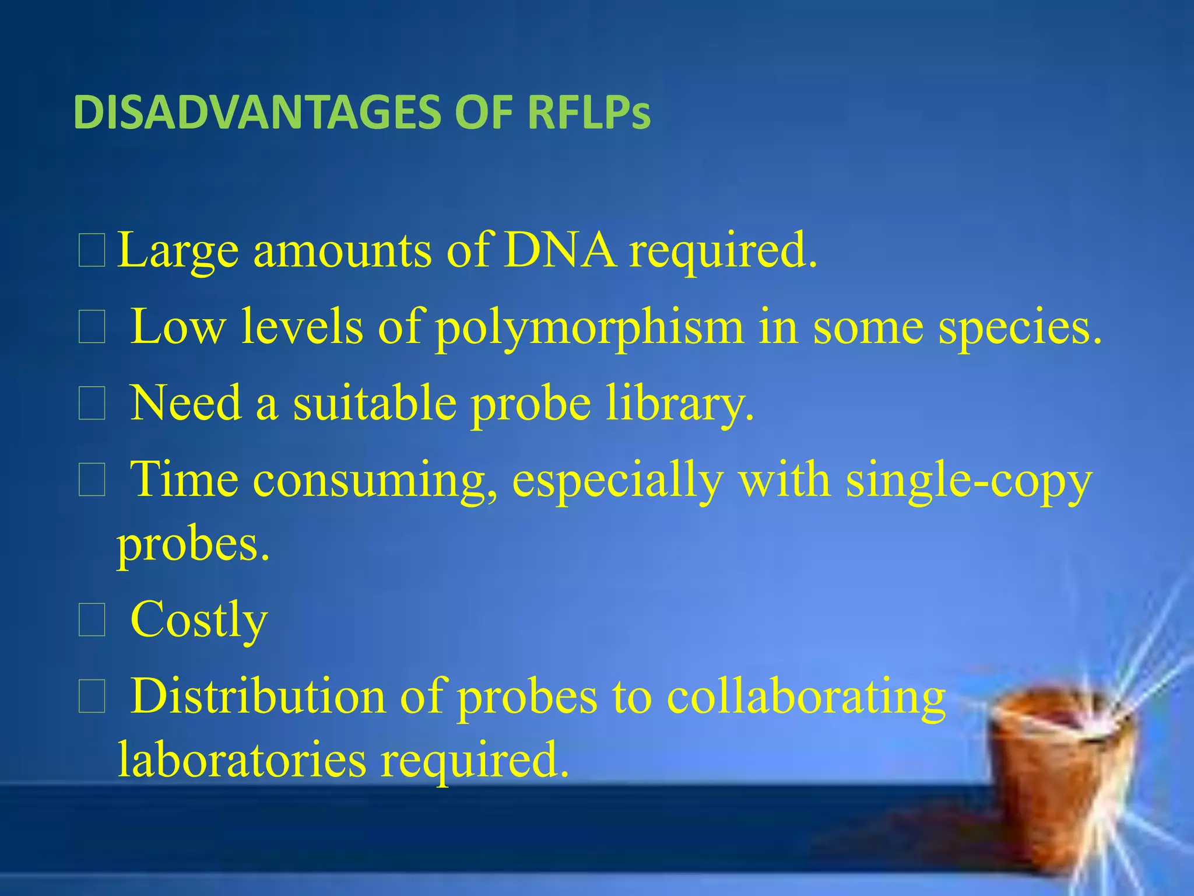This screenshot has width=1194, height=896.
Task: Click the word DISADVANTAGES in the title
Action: coord(257,113)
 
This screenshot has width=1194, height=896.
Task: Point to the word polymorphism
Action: coord(589,329)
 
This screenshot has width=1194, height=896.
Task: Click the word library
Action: coord(680,404)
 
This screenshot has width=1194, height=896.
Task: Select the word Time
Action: coord(184,480)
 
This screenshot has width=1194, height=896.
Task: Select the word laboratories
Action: coord(242,759)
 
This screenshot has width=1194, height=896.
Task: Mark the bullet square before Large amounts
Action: coord(92,251)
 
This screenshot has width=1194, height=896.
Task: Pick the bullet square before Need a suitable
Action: coord(92,404)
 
